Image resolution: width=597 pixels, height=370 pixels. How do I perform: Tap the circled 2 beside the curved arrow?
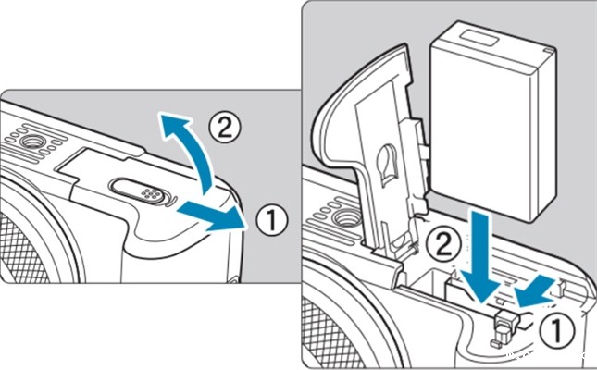point(225,128)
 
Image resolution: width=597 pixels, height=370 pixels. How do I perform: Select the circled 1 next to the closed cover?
point(271,219)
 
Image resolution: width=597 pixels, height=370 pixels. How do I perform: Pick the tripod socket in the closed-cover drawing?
point(28,142)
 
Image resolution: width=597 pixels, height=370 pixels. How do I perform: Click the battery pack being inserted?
point(493,121)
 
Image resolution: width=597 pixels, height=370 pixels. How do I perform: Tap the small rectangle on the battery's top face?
point(479,39)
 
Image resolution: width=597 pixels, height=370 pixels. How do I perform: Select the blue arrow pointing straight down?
point(480,258)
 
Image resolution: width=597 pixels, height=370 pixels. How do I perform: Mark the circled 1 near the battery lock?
point(556,331)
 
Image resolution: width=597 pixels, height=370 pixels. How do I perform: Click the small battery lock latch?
point(504,321)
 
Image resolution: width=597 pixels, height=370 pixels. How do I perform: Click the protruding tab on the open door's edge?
point(423,139)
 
